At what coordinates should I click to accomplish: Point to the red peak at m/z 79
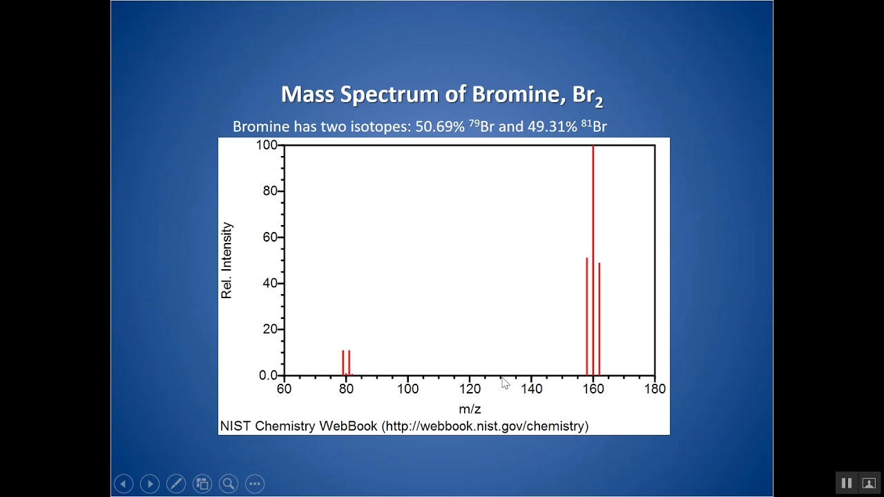tap(343, 363)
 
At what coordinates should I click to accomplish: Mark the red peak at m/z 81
tap(349, 363)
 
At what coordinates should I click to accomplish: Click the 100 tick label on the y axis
tap(267, 145)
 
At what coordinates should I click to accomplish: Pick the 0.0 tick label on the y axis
tap(268, 376)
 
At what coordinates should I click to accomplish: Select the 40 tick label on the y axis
tap(270, 283)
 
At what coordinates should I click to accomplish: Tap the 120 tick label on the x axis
tap(470, 389)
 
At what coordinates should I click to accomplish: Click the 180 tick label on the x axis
tap(655, 389)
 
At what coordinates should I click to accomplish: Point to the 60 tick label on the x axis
tap(284, 389)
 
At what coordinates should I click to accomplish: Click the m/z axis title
tap(470, 409)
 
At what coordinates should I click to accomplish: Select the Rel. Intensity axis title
tap(227, 260)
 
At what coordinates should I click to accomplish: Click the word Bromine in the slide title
tap(519, 95)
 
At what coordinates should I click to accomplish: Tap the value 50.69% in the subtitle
tap(440, 127)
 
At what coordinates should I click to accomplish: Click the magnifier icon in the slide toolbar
tap(229, 484)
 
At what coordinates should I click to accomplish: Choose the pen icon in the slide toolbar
tap(176, 484)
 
